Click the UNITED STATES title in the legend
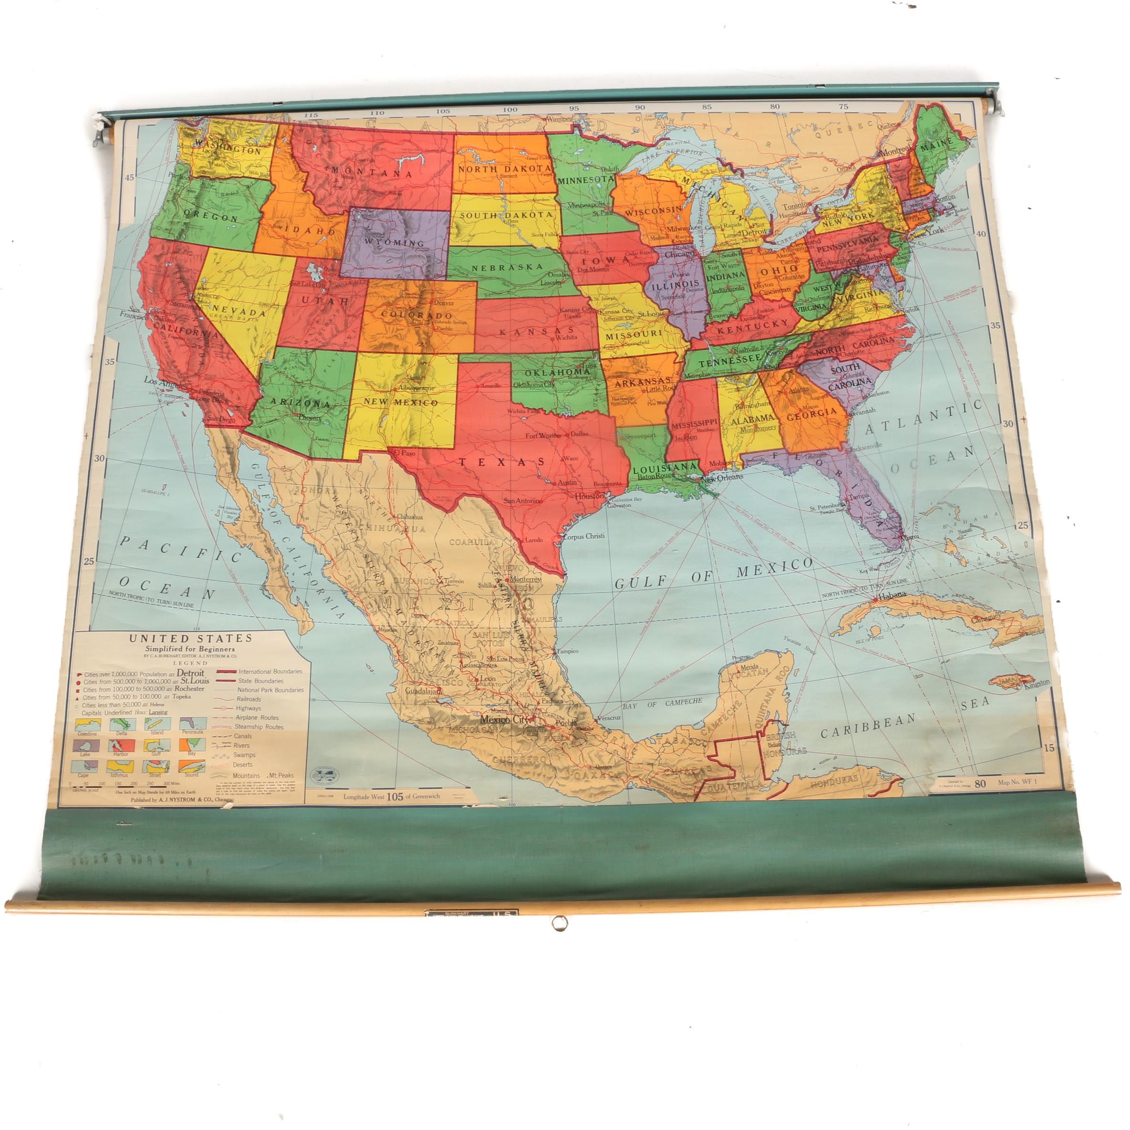click(191, 638)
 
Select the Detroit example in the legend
click(191, 673)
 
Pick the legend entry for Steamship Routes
click(259, 727)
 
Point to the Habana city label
click(892, 595)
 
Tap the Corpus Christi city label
click(583, 536)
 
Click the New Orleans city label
click(722, 477)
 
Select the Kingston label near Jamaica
click(1037, 683)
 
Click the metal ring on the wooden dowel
click(559, 923)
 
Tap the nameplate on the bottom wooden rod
click(471, 912)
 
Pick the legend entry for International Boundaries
click(270, 672)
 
